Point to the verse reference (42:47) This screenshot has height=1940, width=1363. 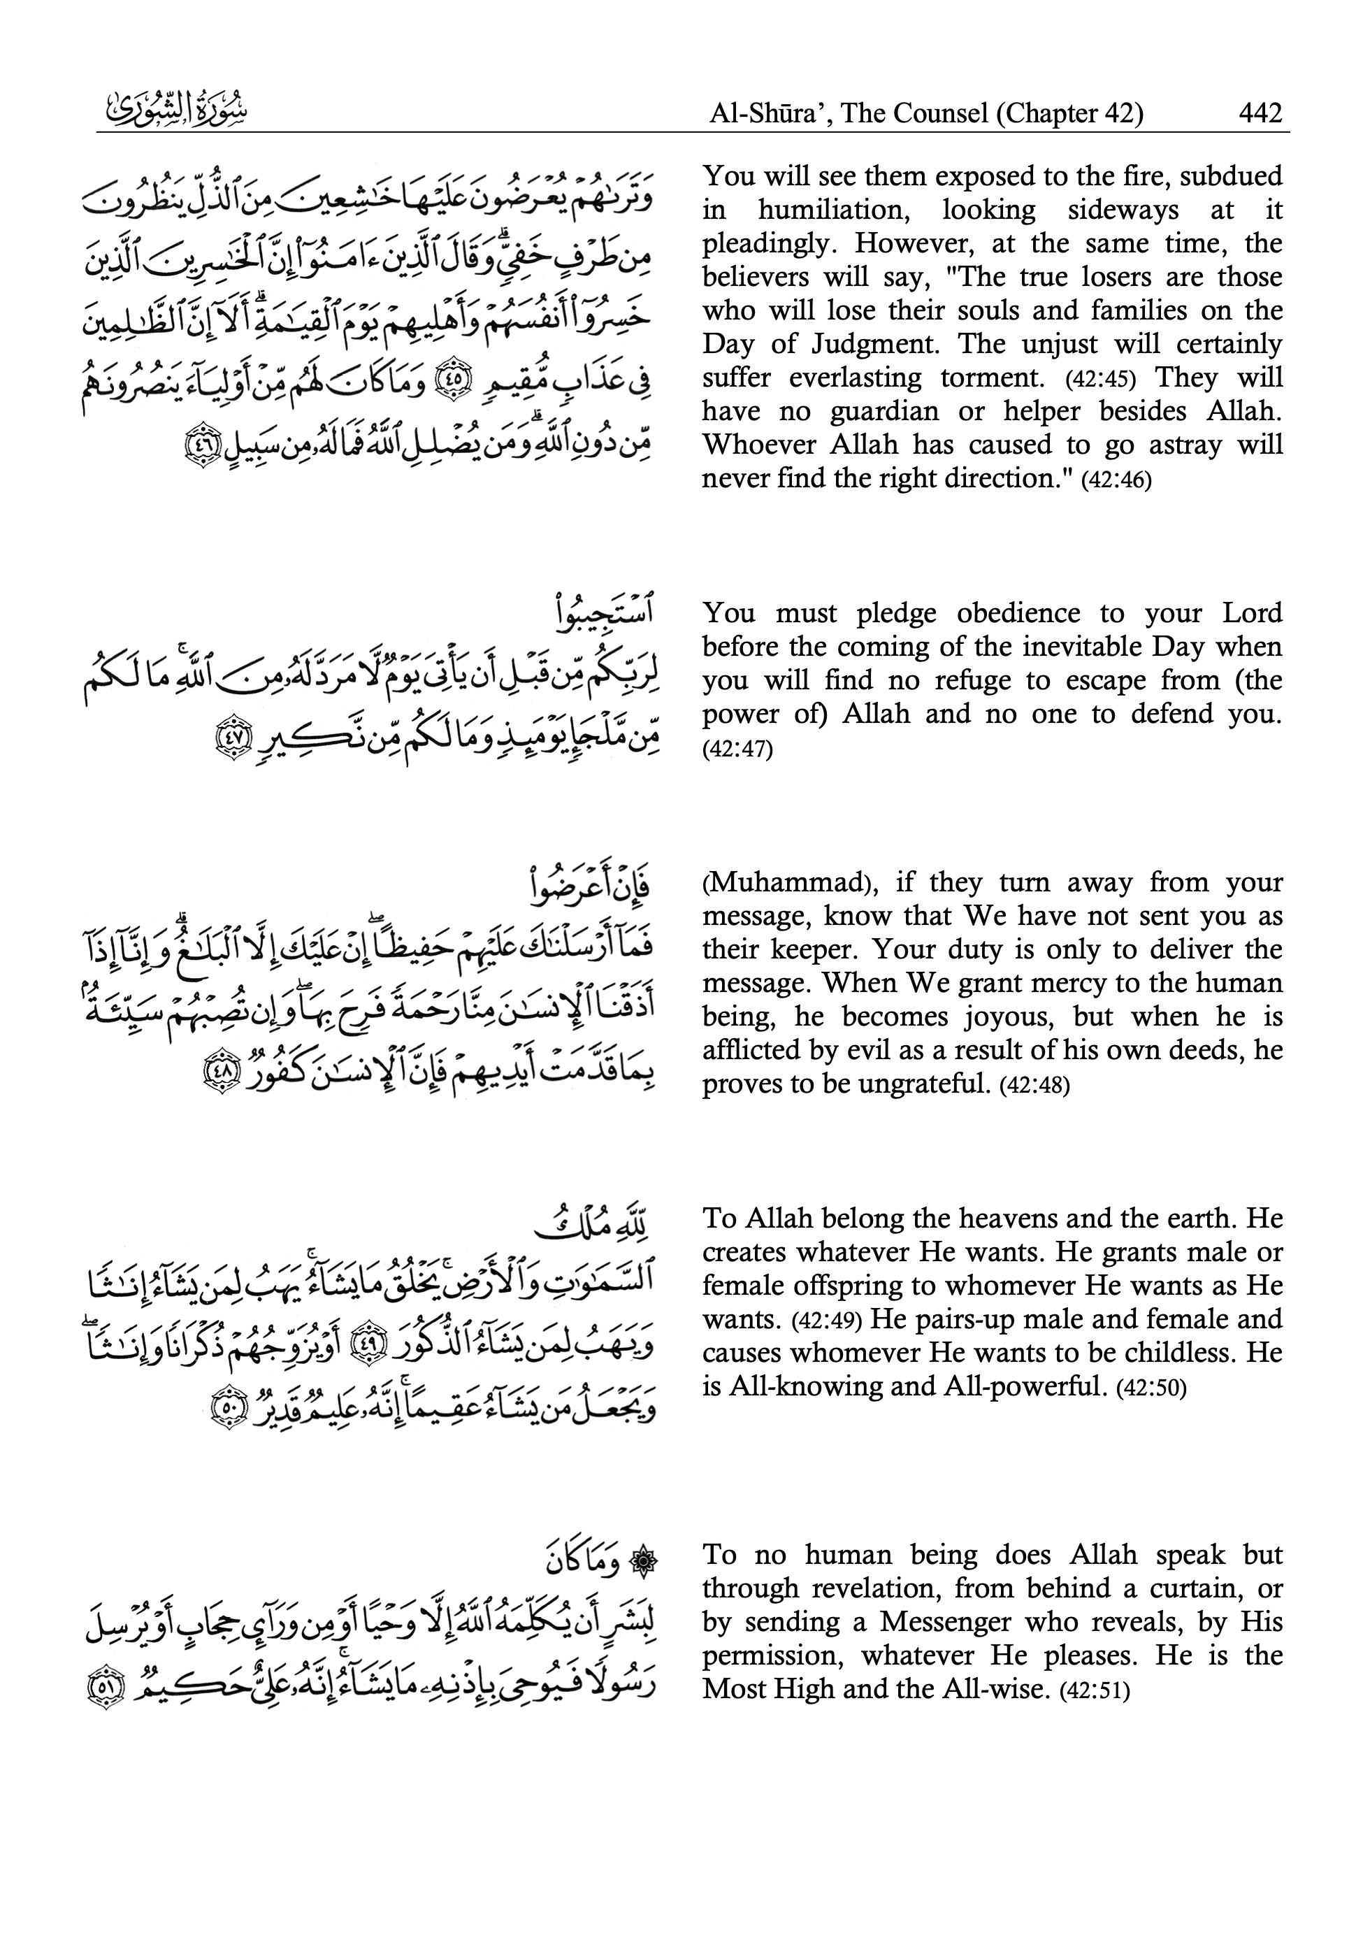click(x=737, y=749)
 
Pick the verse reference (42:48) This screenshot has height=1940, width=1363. click(x=1034, y=1085)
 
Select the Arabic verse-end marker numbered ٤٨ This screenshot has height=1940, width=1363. click(x=213, y=1074)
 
